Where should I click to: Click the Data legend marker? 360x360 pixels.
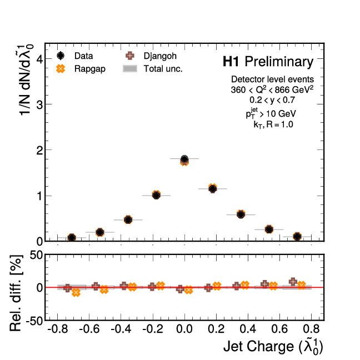coord(62,56)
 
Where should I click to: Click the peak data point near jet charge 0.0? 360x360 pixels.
coord(184,160)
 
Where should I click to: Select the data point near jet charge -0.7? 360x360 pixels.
coord(72,238)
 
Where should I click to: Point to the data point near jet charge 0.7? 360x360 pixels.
coord(297,236)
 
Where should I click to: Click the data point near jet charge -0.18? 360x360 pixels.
coord(156,195)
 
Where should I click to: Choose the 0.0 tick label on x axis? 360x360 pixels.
coord(184,329)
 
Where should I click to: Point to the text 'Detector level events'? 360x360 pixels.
coord(272,79)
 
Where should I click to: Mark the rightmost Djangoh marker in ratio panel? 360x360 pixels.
coord(293,282)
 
